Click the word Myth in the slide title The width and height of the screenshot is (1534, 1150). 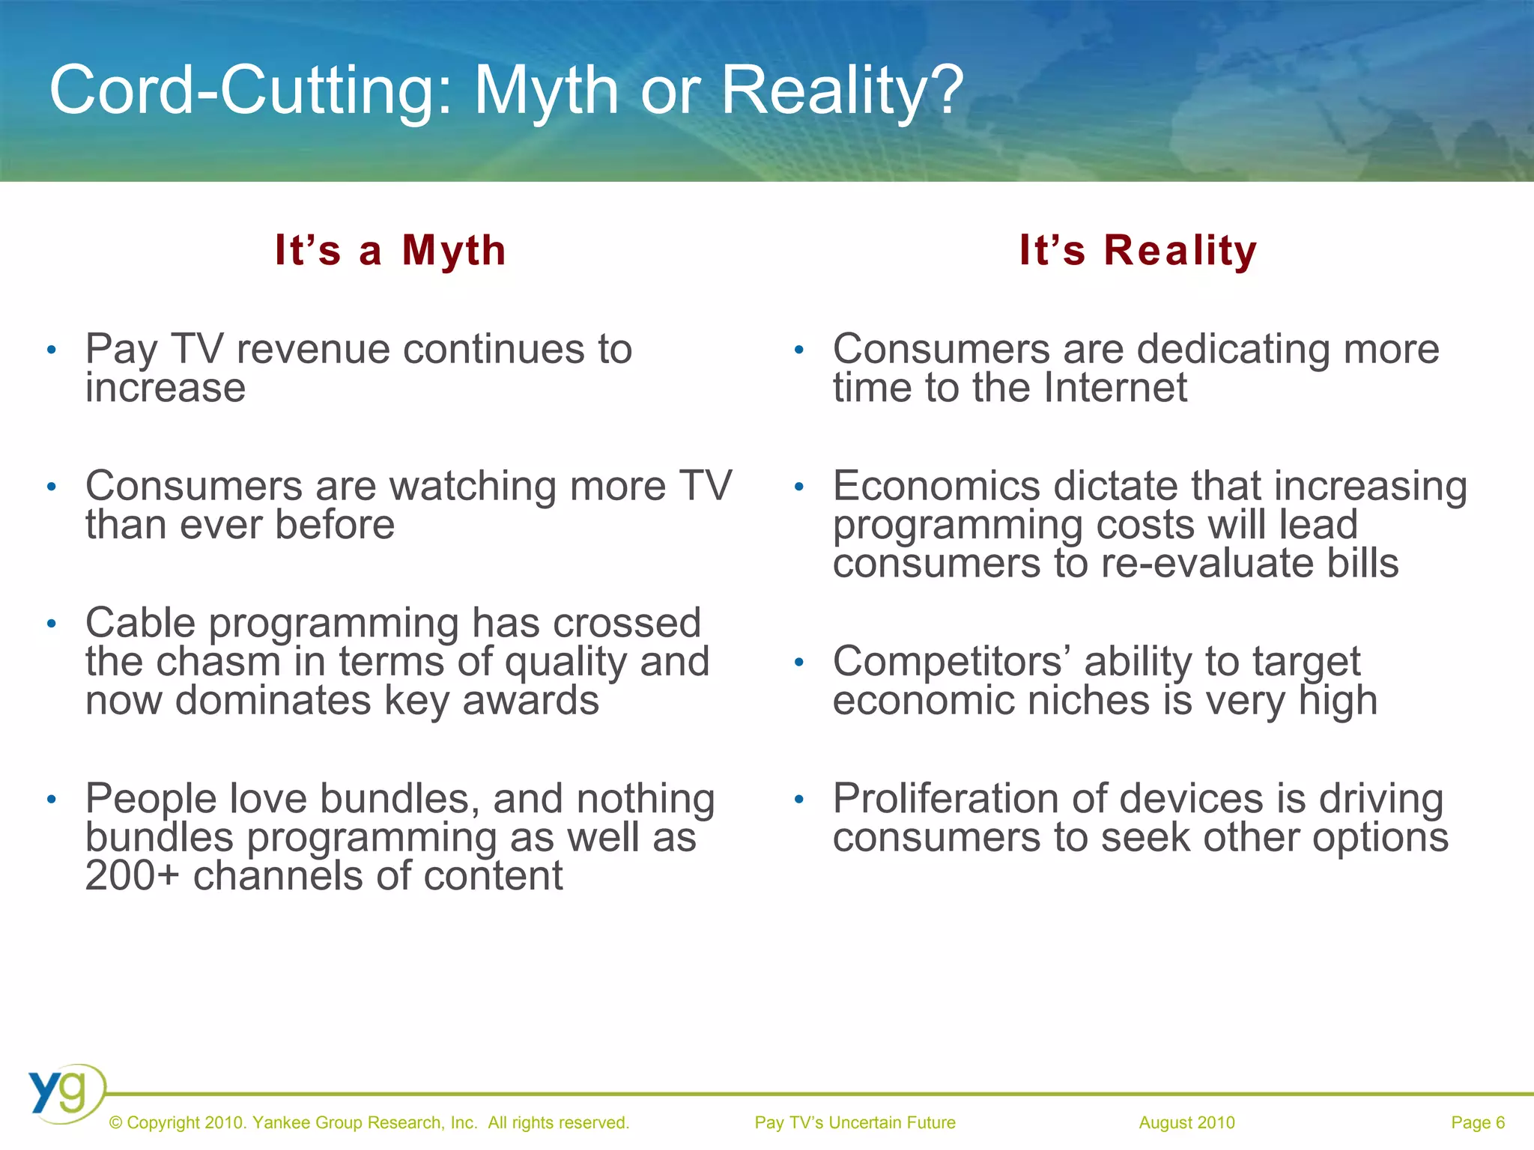[x=546, y=91]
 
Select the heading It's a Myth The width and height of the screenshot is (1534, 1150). [x=390, y=250]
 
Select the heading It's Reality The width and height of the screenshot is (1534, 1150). [x=1138, y=250]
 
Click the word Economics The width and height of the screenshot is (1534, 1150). [x=936, y=486]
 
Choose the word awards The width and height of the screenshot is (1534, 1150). [x=530, y=701]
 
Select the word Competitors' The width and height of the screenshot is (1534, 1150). [x=952, y=662]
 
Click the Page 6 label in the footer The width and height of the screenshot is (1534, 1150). [x=1477, y=1122]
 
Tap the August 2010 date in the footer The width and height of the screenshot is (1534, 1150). [x=1186, y=1122]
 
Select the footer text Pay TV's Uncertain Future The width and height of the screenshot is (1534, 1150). [x=855, y=1122]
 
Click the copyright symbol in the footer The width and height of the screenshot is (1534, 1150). [x=115, y=1123]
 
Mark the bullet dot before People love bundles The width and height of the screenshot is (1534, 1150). [x=51, y=800]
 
